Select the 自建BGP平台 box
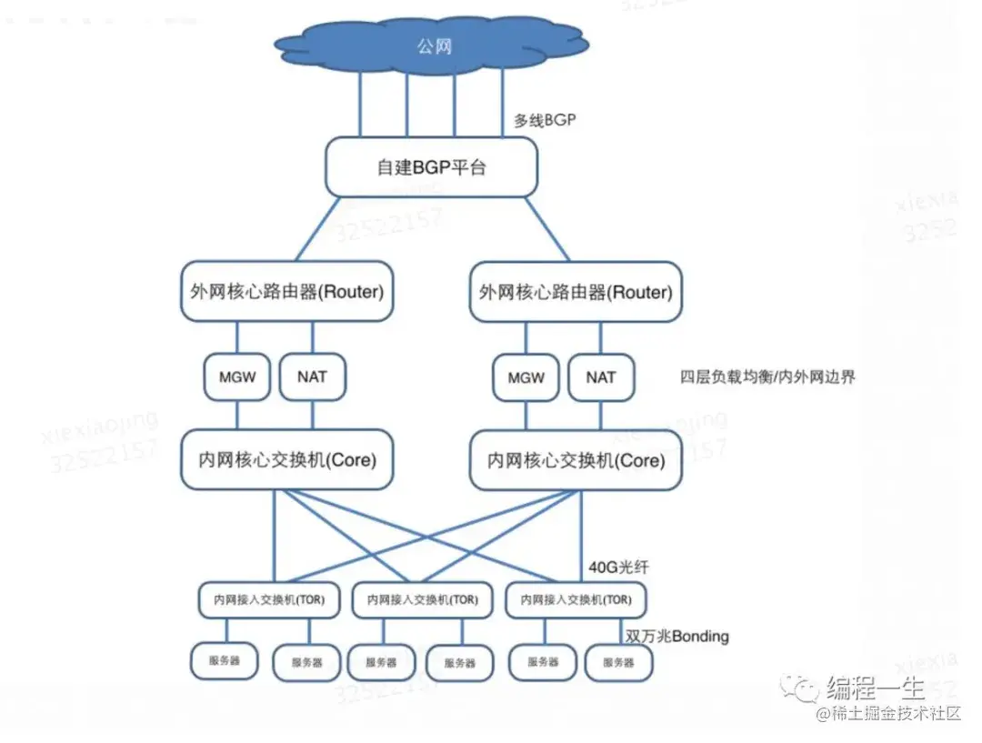pos(431,167)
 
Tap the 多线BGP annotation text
pos(545,119)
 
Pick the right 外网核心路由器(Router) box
pos(576,292)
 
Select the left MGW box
pos(237,377)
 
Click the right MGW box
pos(526,377)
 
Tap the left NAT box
pos(312,377)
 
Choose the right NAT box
pos(601,377)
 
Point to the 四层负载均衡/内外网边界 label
pos(767,377)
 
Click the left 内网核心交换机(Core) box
pos(286,460)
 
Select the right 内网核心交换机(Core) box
pos(576,461)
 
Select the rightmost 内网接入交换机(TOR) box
pos(576,600)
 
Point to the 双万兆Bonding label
pos(676,636)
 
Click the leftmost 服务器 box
pos(225,661)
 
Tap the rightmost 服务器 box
pos(618,663)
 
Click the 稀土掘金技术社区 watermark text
pos(888,714)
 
